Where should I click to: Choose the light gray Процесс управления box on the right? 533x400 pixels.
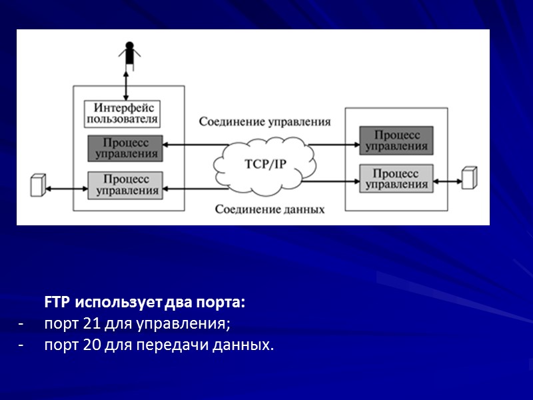tap(396, 178)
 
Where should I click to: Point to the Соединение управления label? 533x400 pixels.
tap(265, 122)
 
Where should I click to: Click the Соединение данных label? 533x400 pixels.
tap(269, 209)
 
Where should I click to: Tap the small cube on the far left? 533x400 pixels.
tap(39, 185)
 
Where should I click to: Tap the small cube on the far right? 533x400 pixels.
tap(470, 177)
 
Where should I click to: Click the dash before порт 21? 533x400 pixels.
tap(22, 324)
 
